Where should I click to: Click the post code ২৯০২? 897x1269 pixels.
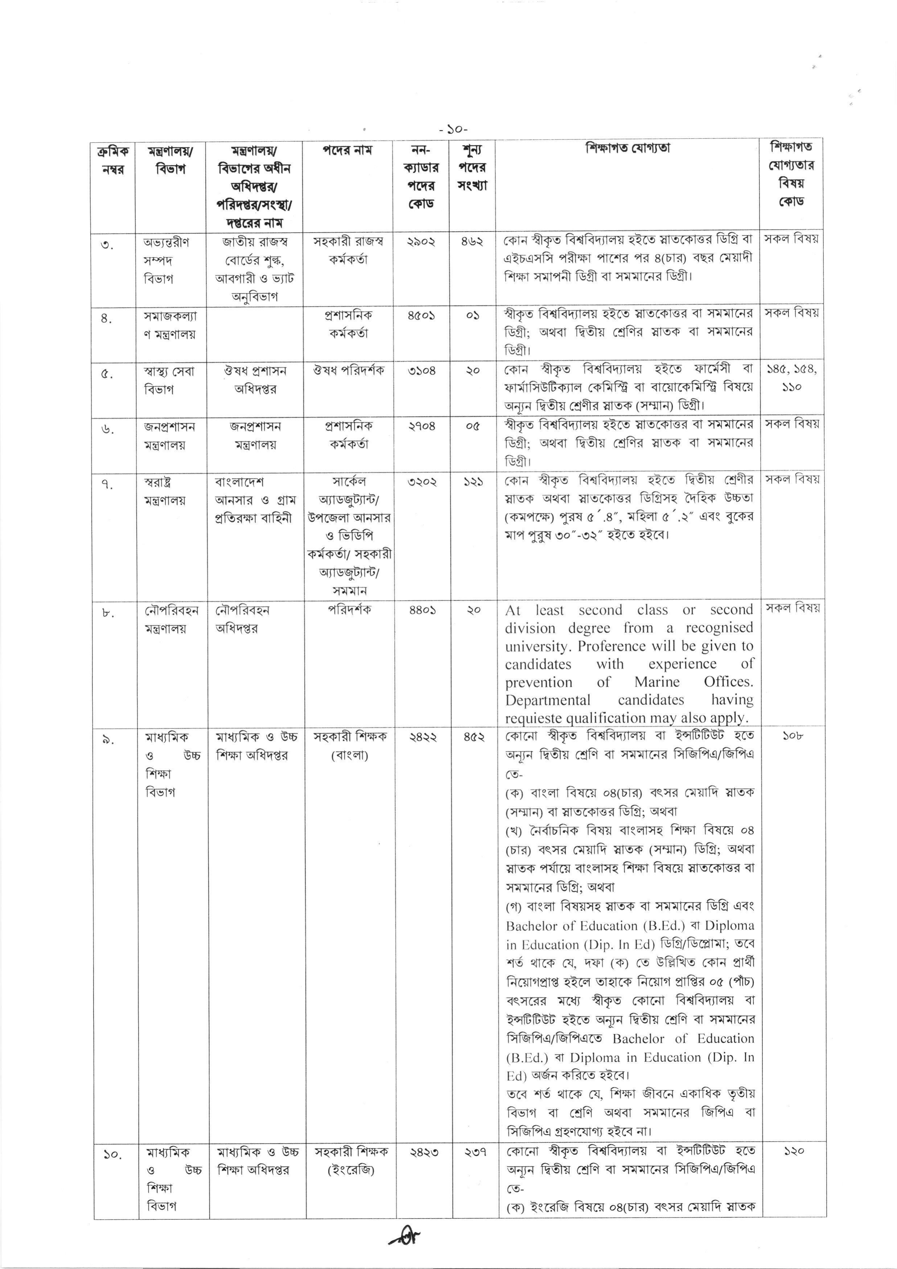click(422, 242)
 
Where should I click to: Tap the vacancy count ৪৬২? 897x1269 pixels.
click(472, 242)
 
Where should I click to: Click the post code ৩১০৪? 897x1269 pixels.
click(422, 371)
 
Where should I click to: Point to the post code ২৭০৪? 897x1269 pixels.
click(422, 426)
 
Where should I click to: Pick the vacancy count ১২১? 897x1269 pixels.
click(473, 482)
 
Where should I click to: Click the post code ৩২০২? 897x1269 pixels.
click(422, 482)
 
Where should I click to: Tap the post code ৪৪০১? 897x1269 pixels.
click(422, 610)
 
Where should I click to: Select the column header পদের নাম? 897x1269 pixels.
click(348, 150)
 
